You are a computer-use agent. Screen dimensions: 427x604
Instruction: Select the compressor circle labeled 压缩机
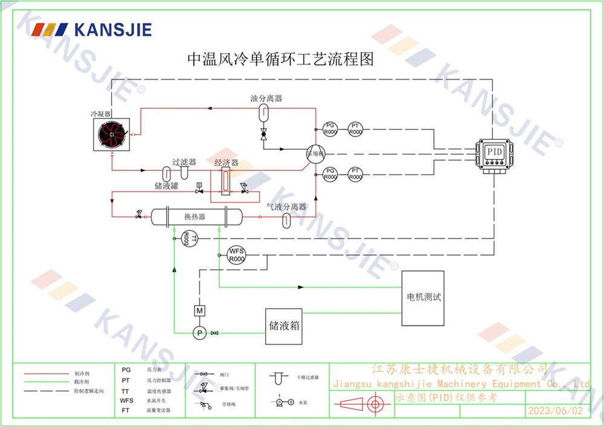tap(315, 153)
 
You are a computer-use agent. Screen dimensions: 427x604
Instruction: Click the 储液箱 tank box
tap(284, 326)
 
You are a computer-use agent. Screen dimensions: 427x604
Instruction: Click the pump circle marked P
tap(199, 332)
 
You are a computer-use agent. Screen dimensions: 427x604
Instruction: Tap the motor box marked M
tap(199, 310)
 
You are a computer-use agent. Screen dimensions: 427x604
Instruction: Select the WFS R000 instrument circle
tap(237, 255)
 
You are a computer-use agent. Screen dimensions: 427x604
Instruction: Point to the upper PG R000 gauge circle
tap(330, 128)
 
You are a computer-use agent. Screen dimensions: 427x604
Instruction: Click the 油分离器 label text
tap(266, 98)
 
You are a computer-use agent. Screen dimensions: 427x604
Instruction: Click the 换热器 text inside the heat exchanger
tap(194, 216)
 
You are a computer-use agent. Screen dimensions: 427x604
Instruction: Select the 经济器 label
tap(226, 163)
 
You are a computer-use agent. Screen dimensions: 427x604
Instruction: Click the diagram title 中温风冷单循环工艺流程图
tap(281, 59)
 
